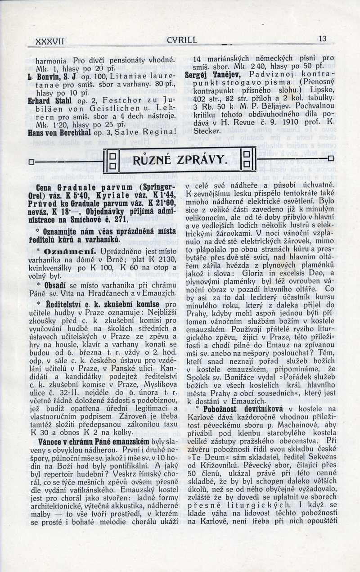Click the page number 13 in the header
[322, 39]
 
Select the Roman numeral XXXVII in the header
[50, 41]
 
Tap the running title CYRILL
[182, 40]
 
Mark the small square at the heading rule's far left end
[31, 161]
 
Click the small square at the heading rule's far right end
[331, 158]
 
